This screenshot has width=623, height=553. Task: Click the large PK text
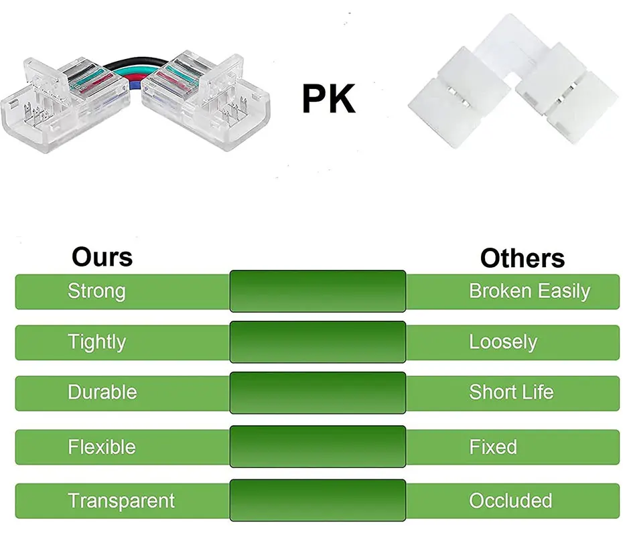328,98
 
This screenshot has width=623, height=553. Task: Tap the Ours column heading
102,256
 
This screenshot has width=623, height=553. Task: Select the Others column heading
522,258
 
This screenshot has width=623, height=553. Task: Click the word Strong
96,291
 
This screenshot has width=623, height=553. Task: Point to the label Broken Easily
529,291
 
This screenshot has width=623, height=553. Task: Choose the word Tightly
96,342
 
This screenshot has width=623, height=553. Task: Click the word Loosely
503,342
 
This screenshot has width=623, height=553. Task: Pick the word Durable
102,392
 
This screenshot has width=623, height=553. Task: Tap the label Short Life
511,392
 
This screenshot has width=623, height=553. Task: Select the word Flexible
101,447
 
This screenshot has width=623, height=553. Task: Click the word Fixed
493,447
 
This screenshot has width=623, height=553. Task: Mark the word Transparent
121,501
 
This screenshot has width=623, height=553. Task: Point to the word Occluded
510,501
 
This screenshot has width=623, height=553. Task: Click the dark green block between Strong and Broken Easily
318,291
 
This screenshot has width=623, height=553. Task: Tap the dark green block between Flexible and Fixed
318,447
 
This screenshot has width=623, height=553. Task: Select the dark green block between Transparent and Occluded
318,500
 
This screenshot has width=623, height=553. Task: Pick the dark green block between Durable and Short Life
318,393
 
